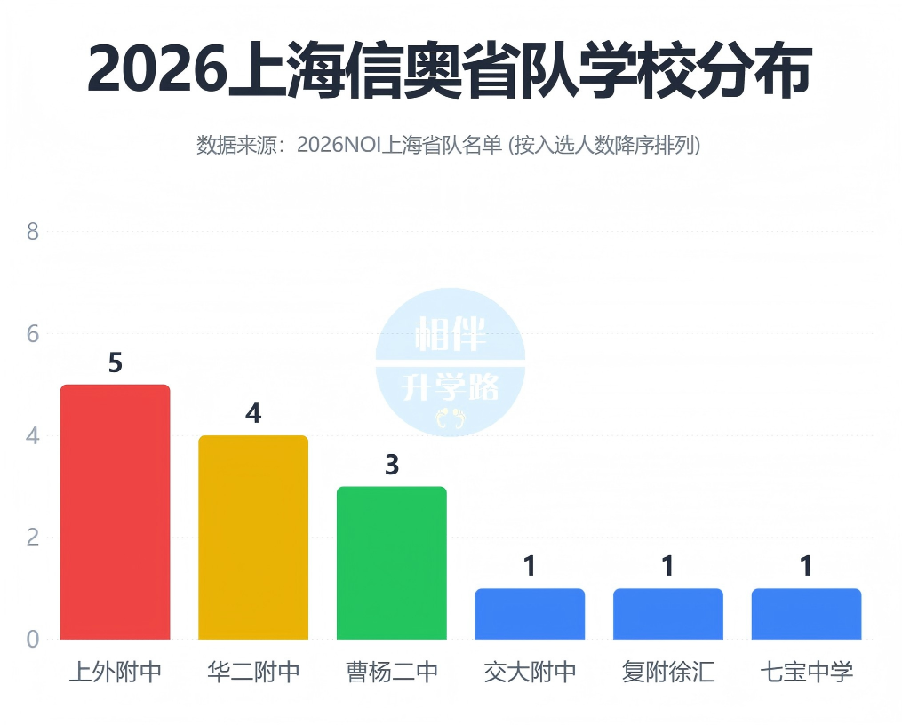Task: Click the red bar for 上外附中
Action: [115, 512]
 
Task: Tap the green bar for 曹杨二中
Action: [391, 562]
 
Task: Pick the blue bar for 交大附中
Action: [530, 613]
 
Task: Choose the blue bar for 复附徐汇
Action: [668, 613]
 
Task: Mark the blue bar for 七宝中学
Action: [806, 613]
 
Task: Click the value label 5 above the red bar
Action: [115, 363]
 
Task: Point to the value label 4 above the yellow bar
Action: [253, 414]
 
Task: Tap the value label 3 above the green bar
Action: [392, 466]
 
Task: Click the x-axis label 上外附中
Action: [115, 672]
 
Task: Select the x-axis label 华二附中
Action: [253, 672]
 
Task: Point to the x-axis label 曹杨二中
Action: [392, 672]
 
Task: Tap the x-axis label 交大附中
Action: [530, 672]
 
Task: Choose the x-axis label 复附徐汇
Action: [668, 672]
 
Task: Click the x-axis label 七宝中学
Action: [806, 672]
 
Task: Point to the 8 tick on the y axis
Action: [33, 232]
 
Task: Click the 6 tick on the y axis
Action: [33, 334]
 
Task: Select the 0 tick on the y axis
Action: [33, 640]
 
